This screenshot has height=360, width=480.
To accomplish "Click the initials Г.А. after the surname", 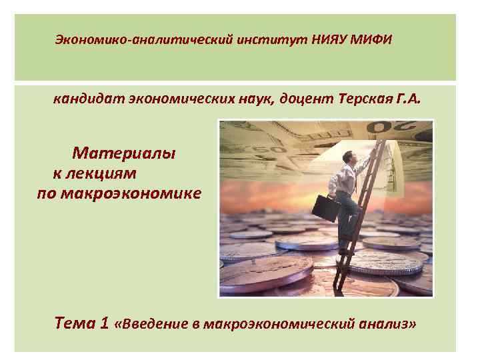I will coord(409,101).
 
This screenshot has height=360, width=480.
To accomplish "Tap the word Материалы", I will coord(125,153).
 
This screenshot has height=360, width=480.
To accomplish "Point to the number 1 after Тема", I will coord(103,325).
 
